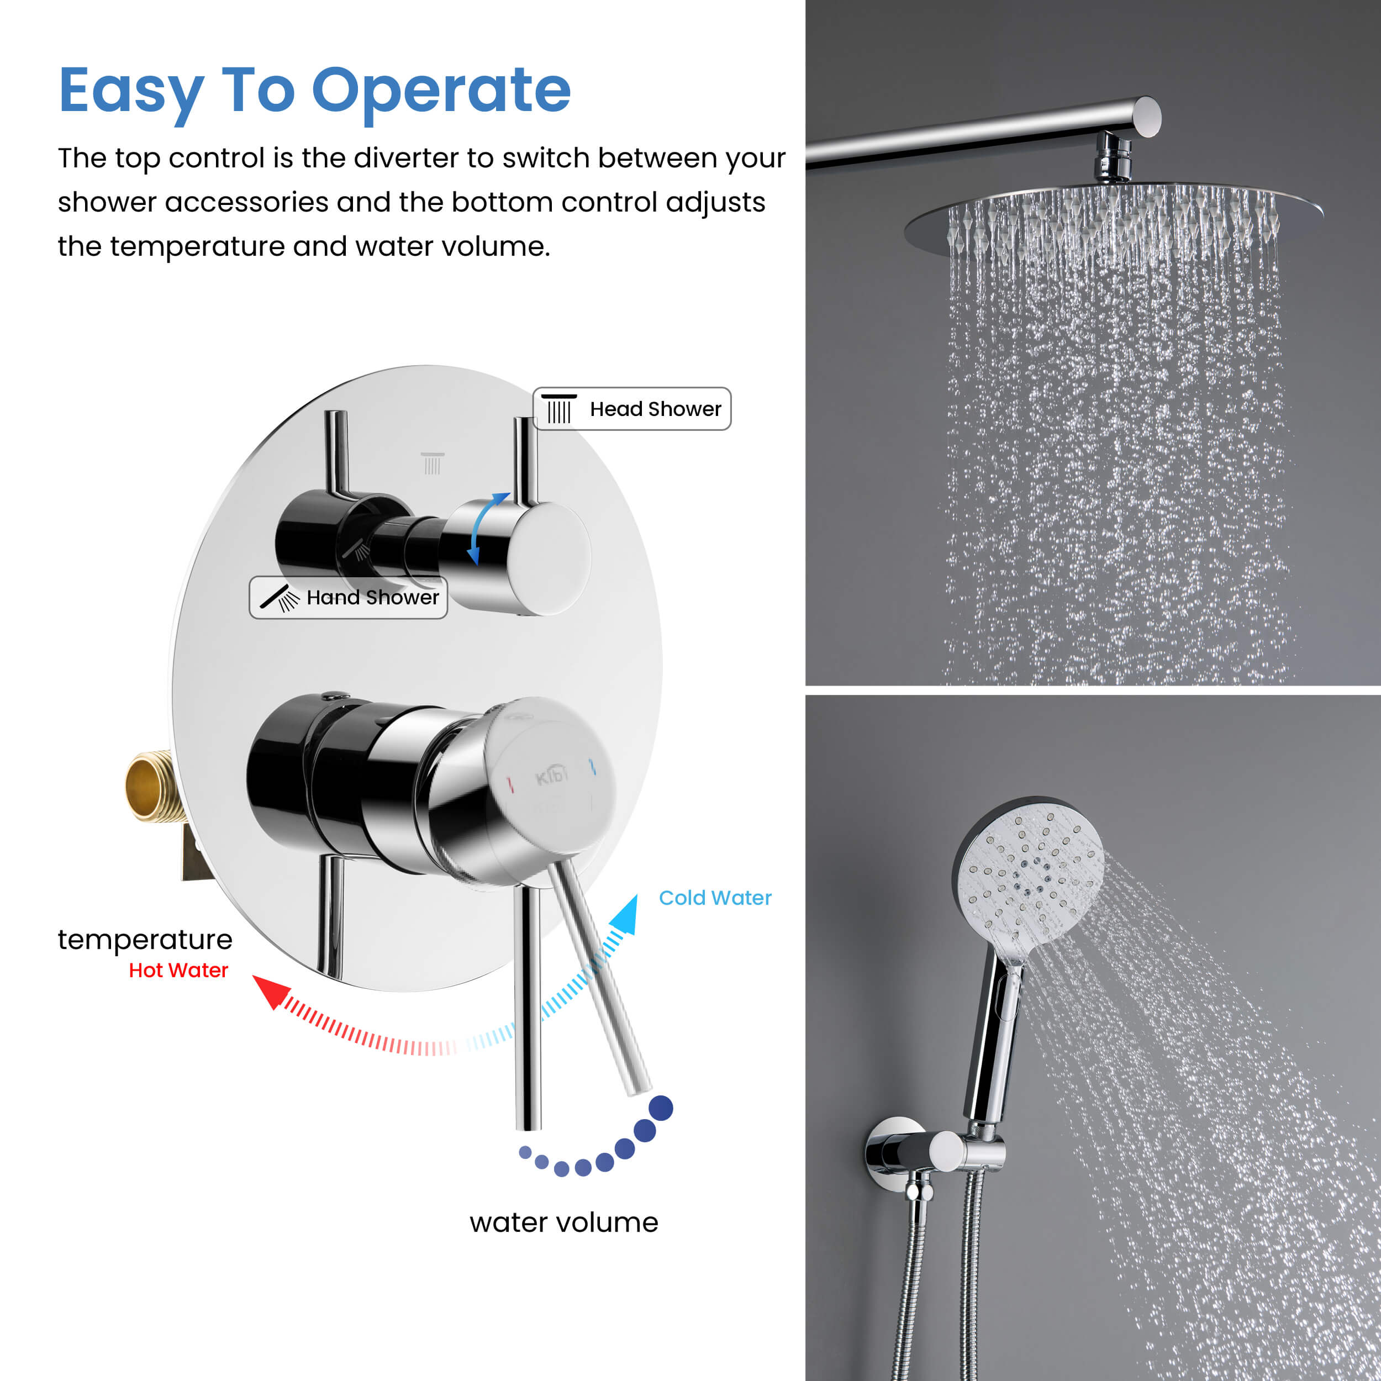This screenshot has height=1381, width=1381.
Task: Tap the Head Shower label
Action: click(x=632, y=409)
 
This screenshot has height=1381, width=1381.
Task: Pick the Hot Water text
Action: click(x=178, y=970)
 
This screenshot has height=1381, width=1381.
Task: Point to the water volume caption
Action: click(x=564, y=1222)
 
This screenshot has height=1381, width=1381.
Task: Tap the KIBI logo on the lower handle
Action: click(x=552, y=775)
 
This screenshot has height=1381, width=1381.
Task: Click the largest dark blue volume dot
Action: click(x=661, y=1108)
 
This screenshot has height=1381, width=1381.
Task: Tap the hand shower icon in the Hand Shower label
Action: click(x=280, y=598)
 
